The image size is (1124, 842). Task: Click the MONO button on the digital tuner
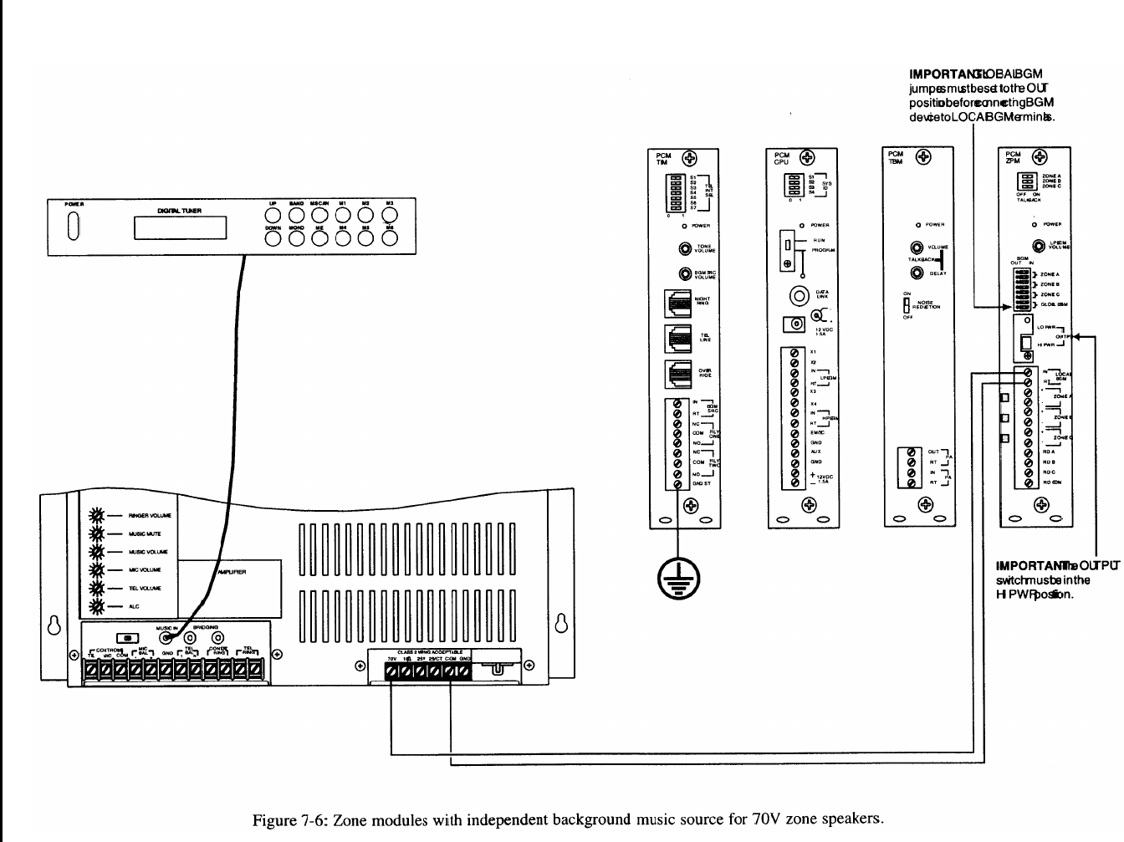[295, 238]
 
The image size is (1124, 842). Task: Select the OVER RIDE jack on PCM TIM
[676, 373]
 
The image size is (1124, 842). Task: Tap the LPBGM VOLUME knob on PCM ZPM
[1034, 245]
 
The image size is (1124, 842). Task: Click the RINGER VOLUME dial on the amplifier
[96, 516]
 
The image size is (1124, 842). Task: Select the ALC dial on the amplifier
[96, 606]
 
